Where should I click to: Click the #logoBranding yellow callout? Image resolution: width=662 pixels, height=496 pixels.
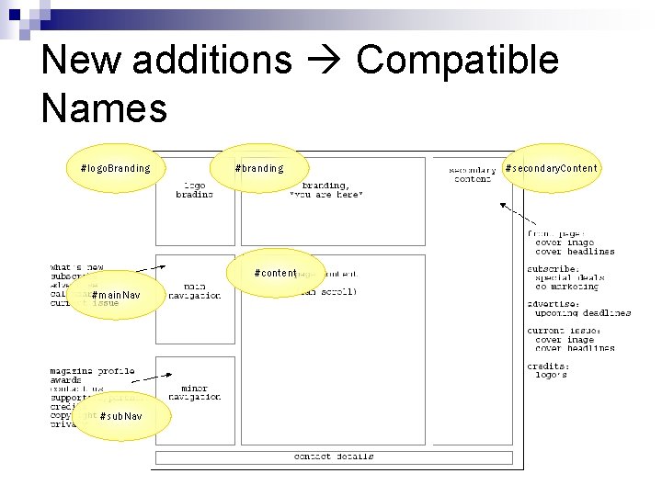point(115,168)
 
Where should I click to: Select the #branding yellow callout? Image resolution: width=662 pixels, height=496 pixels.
point(259,168)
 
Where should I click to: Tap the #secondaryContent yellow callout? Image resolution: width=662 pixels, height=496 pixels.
point(551,168)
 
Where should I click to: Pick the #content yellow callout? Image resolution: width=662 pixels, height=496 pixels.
point(276,273)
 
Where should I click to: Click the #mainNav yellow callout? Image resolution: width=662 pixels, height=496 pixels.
point(116,295)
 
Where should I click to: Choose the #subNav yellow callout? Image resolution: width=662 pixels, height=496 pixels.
point(121,416)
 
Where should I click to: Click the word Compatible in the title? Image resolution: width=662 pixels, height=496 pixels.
point(457,60)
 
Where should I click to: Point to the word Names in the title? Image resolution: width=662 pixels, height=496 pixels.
point(104,107)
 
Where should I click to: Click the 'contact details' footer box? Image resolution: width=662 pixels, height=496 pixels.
point(334,457)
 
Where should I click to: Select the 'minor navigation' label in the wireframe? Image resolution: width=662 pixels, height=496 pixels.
point(195,392)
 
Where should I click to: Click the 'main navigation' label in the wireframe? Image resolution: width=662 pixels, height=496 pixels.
point(195,291)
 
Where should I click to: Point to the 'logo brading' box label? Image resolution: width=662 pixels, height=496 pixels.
point(194,189)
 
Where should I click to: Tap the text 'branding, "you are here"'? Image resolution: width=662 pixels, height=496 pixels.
point(327,189)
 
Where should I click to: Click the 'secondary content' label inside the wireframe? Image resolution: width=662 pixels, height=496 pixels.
point(473,175)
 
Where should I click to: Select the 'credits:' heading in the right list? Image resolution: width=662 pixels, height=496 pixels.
point(548,365)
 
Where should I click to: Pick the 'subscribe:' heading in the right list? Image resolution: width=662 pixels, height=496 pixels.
point(553,268)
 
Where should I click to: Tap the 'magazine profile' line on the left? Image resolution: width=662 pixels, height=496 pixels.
point(92,372)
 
